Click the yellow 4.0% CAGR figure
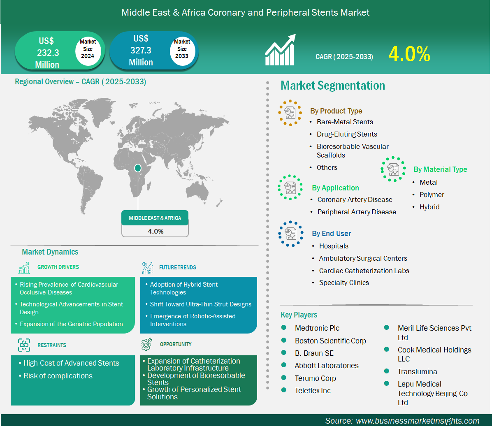pyautogui.click(x=409, y=54)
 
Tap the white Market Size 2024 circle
pyautogui.click(x=88, y=50)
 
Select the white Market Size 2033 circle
pyautogui.click(x=182, y=50)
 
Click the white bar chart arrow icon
pyautogui.click(x=280, y=50)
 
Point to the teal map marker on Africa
pyautogui.click(x=137, y=168)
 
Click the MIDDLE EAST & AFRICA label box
pyautogui.click(x=155, y=218)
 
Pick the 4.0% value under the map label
pyautogui.click(x=155, y=232)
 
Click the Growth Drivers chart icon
pyautogui.click(x=24, y=268)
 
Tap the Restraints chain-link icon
pyautogui.click(x=24, y=345)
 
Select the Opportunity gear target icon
pyautogui.click(x=146, y=344)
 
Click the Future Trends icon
pyautogui.click(x=147, y=268)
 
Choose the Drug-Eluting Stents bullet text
pyautogui.click(x=347, y=134)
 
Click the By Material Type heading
pyautogui.click(x=440, y=169)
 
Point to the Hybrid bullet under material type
pyautogui.click(x=429, y=207)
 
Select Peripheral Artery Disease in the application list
pyautogui.click(x=357, y=212)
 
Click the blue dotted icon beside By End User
pyautogui.click(x=290, y=234)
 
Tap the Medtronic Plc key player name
pyautogui.click(x=317, y=328)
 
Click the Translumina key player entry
pyautogui.click(x=417, y=372)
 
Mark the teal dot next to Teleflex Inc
pyautogui.click(x=284, y=390)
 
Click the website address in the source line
pyautogui.click(x=418, y=421)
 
